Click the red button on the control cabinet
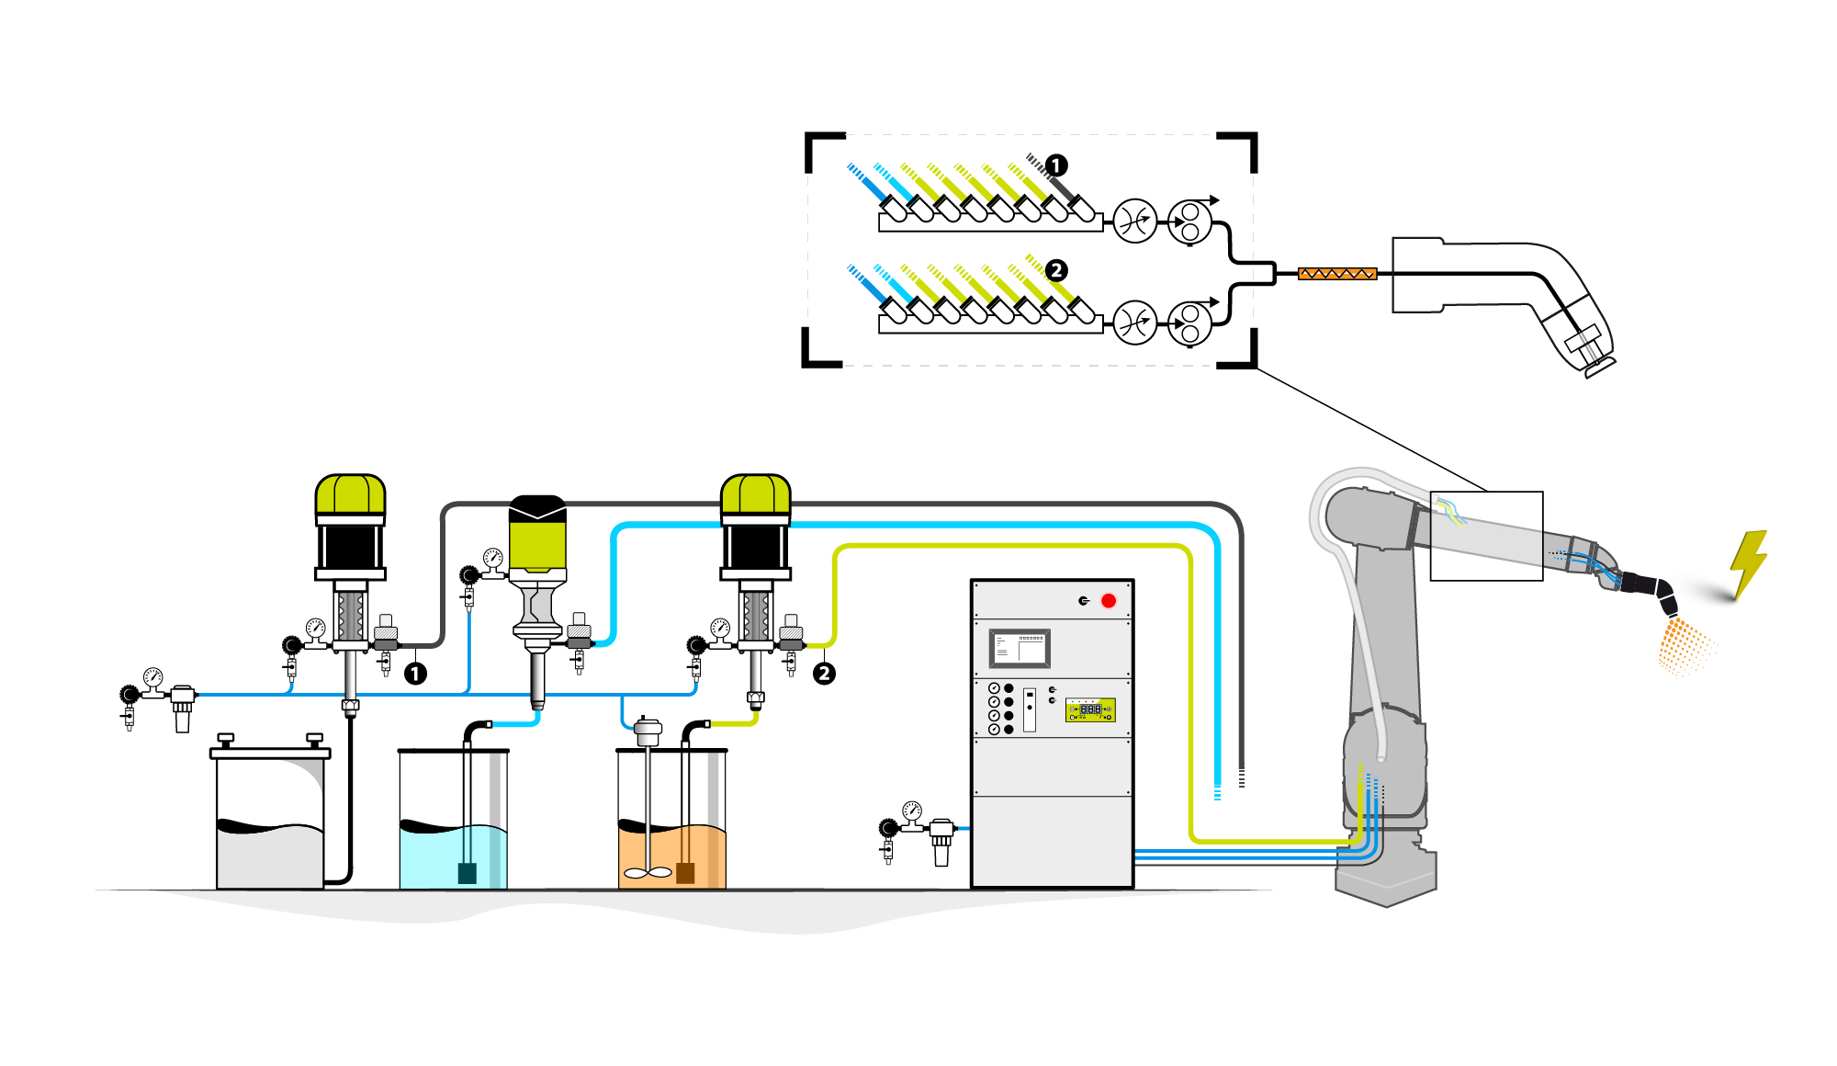(1109, 601)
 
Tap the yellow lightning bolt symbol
(1749, 562)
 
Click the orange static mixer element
(1337, 274)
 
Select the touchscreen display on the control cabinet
(1020, 649)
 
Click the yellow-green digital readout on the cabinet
(1090, 709)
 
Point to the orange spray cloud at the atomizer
(1684, 647)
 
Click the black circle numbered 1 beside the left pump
(415, 674)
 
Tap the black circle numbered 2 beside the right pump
(824, 674)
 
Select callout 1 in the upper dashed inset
(1056, 165)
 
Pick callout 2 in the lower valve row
(1056, 270)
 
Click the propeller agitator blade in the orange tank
(648, 873)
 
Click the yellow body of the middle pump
(537, 542)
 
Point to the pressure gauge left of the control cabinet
(911, 811)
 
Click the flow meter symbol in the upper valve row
(1134, 221)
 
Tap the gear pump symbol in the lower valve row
(1189, 323)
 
